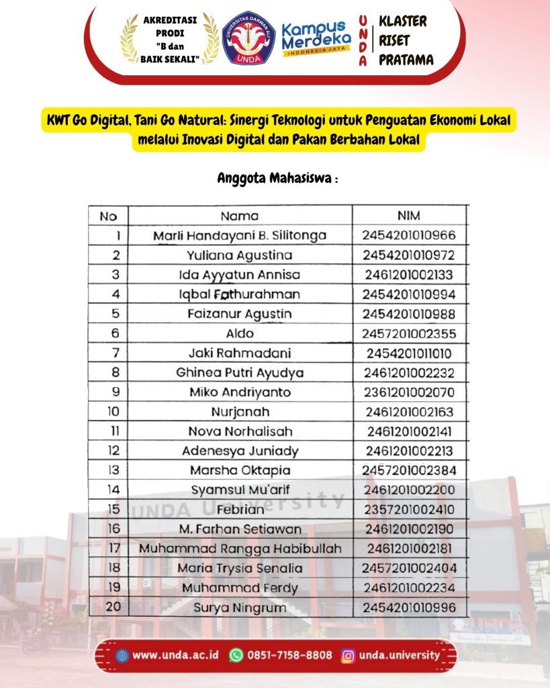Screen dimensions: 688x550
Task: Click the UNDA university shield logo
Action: (x=248, y=39)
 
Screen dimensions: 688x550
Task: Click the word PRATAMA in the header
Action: (x=406, y=60)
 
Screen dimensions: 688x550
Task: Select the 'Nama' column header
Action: (x=239, y=216)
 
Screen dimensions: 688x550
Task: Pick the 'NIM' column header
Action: (x=409, y=216)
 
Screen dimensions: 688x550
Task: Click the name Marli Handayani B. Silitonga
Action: (x=239, y=236)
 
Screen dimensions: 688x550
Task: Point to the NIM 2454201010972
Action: (x=409, y=255)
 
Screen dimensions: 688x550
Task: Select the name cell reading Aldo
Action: (x=239, y=333)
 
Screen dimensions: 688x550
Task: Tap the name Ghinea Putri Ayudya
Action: (x=239, y=372)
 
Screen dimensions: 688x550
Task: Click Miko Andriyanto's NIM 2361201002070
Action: (x=409, y=392)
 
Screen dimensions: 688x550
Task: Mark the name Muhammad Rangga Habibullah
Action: (x=239, y=549)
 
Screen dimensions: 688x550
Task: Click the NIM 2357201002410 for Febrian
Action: (x=409, y=510)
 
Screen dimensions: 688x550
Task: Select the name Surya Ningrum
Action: (x=239, y=608)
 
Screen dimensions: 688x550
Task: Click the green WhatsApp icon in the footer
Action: (x=236, y=655)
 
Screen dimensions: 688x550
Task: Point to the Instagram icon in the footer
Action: (x=348, y=655)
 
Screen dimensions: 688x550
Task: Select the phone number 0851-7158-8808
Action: (x=289, y=655)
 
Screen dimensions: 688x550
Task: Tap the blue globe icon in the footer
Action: (x=122, y=656)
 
